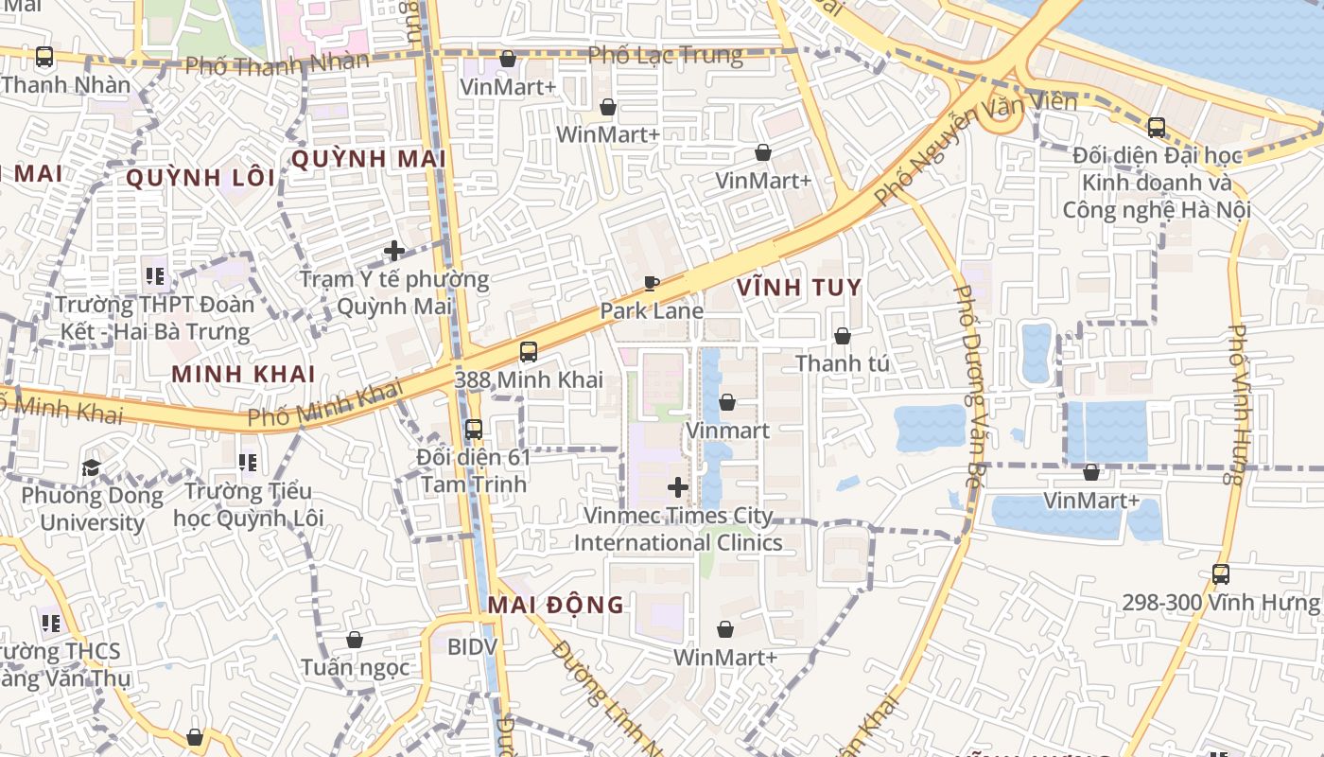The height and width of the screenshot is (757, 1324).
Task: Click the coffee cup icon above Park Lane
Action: point(651,283)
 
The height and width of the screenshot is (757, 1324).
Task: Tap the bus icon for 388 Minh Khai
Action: point(529,352)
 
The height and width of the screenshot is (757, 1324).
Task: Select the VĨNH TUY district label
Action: point(798,288)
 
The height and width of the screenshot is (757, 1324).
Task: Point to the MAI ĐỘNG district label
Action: point(556,605)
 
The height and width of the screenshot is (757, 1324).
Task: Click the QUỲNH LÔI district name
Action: point(200,178)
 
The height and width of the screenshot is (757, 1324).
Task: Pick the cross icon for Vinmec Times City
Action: point(677,488)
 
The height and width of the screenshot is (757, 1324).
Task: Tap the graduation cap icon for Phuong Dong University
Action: point(91,467)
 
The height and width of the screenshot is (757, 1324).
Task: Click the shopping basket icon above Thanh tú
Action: point(842,336)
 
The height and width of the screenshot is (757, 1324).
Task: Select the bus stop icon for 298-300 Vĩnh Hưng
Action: point(1220,573)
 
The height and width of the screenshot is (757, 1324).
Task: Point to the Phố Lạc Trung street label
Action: point(665,55)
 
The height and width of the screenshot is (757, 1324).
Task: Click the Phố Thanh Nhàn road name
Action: point(276,64)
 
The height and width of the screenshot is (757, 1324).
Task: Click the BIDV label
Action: point(472,647)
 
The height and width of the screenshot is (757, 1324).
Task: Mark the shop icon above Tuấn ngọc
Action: point(355,641)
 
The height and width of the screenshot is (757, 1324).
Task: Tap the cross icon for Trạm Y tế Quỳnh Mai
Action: point(394,251)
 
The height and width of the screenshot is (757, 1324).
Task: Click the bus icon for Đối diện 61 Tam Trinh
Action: point(474,429)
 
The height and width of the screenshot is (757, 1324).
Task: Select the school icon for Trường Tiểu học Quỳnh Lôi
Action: point(248,463)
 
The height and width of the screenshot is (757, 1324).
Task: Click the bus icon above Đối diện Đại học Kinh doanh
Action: point(1156,128)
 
